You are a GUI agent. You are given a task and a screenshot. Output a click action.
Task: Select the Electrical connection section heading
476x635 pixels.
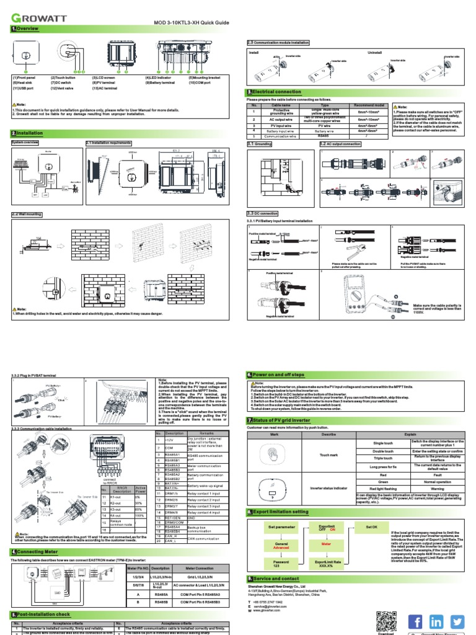click(273, 92)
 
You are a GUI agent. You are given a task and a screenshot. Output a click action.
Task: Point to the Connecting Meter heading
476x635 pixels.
click(38, 551)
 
